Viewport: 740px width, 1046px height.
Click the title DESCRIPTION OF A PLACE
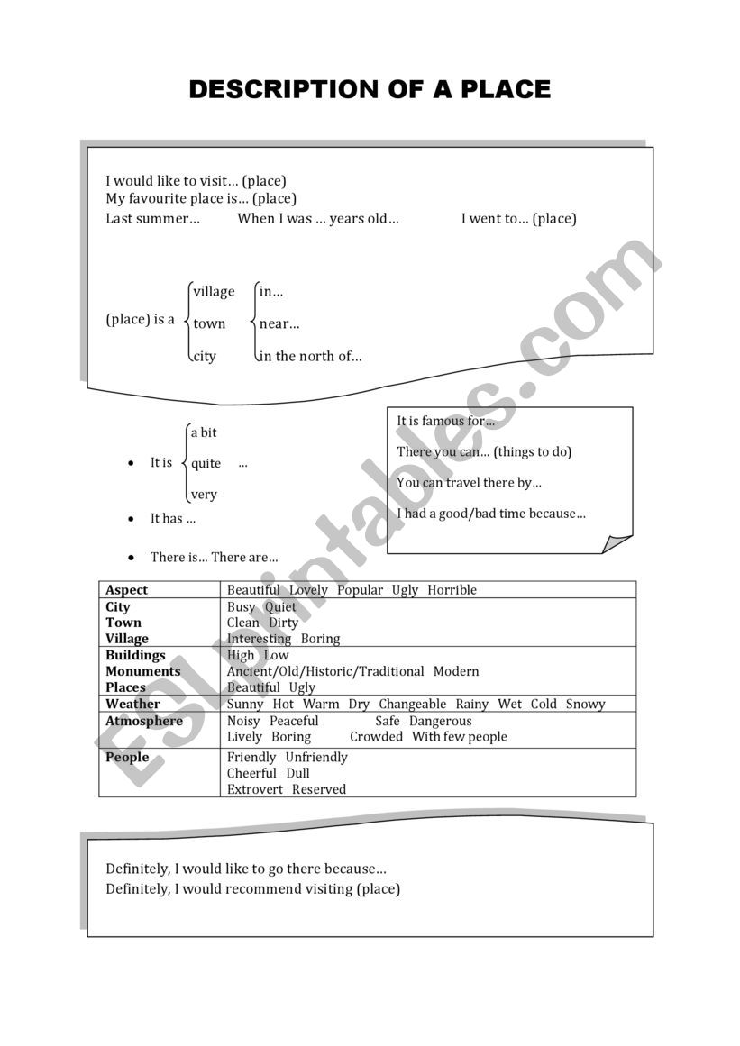click(x=370, y=89)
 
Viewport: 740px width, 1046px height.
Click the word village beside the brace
click(x=214, y=291)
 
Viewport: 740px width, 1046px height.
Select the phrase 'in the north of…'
click(x=311, y=356)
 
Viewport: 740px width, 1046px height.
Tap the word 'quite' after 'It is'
click(x=206, y=463)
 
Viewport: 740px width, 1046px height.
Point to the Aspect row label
click(x=126, y=590)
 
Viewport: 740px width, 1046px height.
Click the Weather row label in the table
click(x=132, y=704)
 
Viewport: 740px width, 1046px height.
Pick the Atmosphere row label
click(x=143, y=721)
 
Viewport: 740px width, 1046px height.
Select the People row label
click(x=127, y=757)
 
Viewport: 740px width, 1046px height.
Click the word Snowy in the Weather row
click(x=586, y=704)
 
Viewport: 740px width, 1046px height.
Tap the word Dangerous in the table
click(x=440, y=721)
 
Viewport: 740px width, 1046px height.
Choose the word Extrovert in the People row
click(x=254, y=789)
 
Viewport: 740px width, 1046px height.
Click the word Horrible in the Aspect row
click(x=452, y=590)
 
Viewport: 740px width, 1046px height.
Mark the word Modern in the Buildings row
click(x=456, y=671)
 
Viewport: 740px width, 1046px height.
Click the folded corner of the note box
click(x=617, y=543)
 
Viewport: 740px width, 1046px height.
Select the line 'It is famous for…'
click(x=446, y=421)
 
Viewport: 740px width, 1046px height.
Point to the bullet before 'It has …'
click(x=132, y=519)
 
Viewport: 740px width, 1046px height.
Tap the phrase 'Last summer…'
click(x=153, y=218)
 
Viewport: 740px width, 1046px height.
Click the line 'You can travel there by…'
click(x=469, y=482)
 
